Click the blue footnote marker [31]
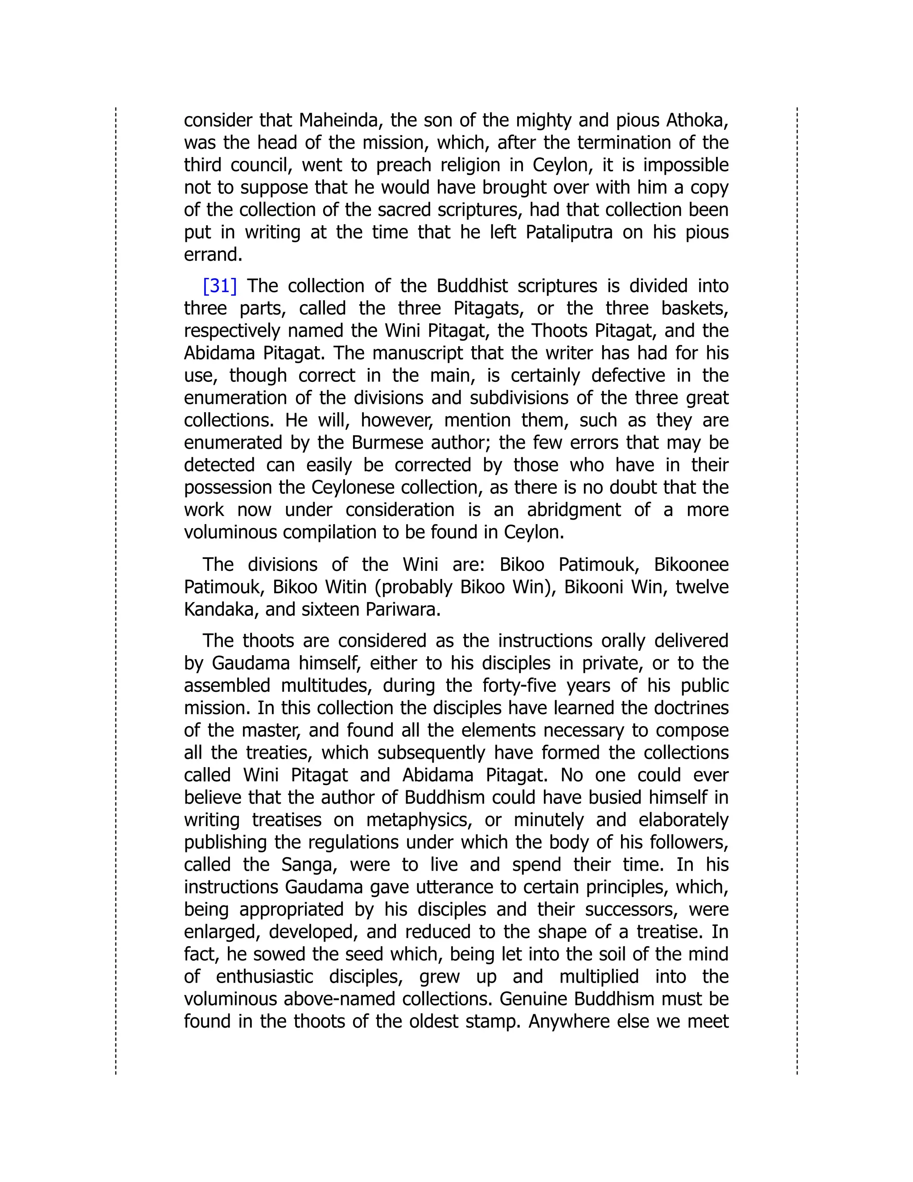220,286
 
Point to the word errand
213,255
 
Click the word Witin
345,587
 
